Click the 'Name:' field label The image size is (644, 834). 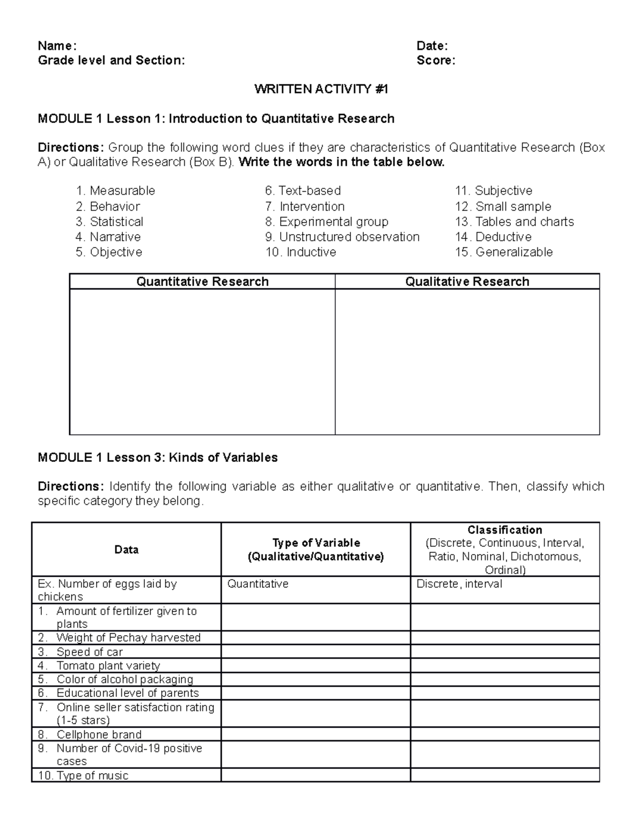pyautogui.click(x=57, y=46)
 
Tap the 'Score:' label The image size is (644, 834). pyautogui.click(x=436, y=60)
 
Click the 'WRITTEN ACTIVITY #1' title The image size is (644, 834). pyautogui.click(x=321, y=89)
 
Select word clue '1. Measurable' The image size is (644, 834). pyautogui.click(x=115, y=191)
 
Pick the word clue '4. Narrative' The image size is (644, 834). pyautogui.click(x=108, y=237)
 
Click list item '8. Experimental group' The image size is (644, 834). pyautogui.click(x=327, y=222)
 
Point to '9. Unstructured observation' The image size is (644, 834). pyautogui.click(x=342, y=237)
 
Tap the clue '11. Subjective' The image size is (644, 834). pyautogui.click(x=493, y=191)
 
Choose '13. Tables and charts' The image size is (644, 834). pyautogui.click(x=514, y=222)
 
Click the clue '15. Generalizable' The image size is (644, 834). pyautogui.click(x=503, y=252)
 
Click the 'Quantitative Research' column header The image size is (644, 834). pyautogui.click(x=202, y=281)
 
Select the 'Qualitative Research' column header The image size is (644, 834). pyautogui.click(x=467, y=281)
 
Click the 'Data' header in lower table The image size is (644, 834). pyautogui.click(x=126, y=549)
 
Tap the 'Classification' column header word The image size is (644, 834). pyautogui.click(x=504, y=530)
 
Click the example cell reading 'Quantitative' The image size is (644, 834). pyautogui.click(x=258, y=584)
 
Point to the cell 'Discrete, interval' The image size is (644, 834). pyautogui.click(x=459, y=584)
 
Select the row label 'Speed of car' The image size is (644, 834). pyautogui.click(x=90, y=652)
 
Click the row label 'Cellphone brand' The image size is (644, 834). pyautogui.click(x=99, y=735)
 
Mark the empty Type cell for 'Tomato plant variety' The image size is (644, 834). pyautogui.click(x=316, y=666)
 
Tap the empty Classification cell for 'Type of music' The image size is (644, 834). pyautogui.click(x=504, y=775)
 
